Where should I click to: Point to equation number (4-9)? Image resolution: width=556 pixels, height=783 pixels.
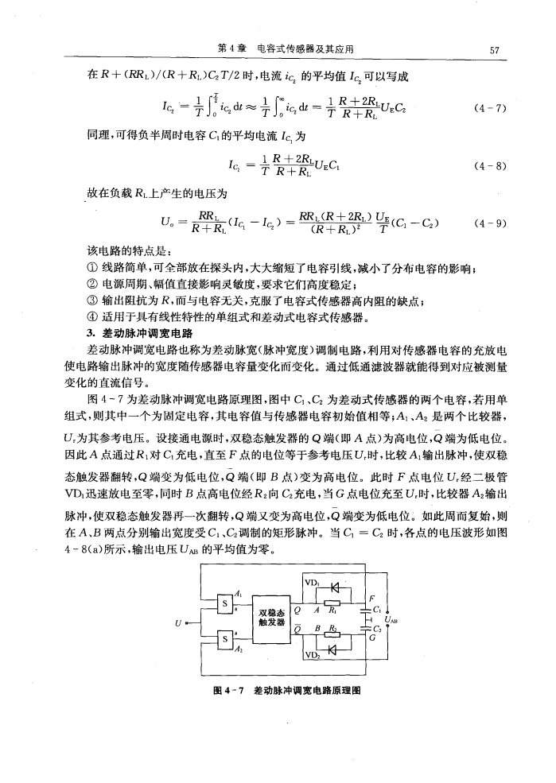(488, 235)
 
